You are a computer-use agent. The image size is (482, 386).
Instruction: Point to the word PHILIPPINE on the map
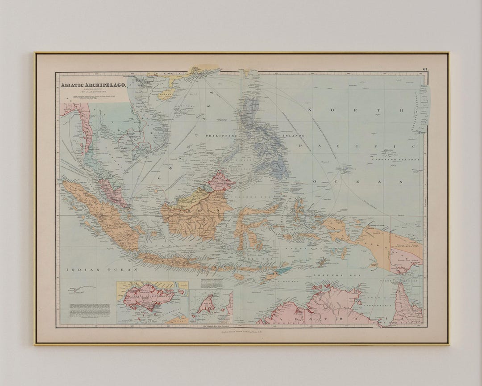(x=220, y=135)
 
